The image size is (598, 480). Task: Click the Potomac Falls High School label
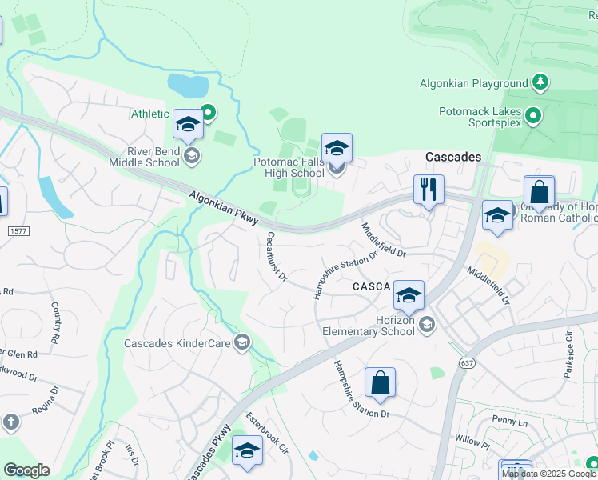pos(289,167)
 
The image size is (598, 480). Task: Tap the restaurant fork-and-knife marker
pos(429,190)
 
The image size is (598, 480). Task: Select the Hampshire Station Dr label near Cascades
pos(345,274)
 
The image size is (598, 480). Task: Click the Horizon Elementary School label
pos(369,324)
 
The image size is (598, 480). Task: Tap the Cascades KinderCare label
pos(177,344)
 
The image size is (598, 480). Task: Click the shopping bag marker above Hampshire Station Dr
pos(380,383)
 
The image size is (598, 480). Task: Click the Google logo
pos(26,470)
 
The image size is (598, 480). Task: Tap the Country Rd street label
pos(56,322)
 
